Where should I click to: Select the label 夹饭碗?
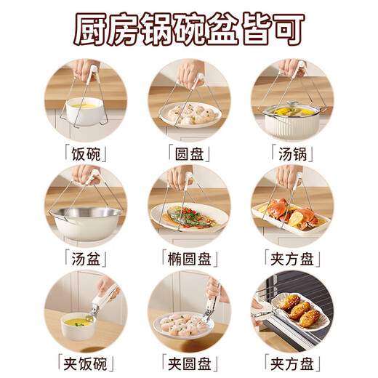coord(85,361)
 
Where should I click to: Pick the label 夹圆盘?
coord(188,361)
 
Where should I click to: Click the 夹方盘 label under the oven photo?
coord(292,361)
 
